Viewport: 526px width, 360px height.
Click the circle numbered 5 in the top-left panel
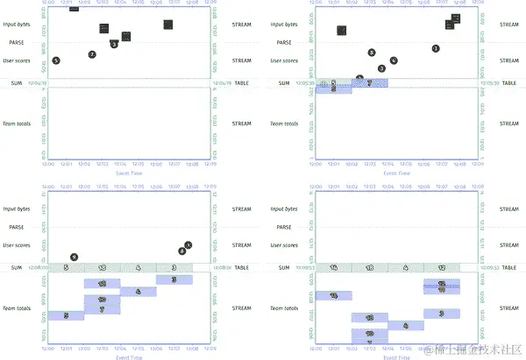click(56, 60)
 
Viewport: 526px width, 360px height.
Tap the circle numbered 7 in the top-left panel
click(92, 54)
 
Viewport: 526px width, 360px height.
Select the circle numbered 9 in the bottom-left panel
click(74, 257)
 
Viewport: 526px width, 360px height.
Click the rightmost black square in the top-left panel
click(167, 24)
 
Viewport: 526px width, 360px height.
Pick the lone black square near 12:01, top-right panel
click(341, 31)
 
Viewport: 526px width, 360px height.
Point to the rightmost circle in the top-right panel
click(436, 48)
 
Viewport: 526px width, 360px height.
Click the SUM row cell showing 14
click(334, 267)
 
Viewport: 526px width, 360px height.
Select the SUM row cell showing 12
click(442, 267)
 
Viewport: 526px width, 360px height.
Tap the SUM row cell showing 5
click(66, 267)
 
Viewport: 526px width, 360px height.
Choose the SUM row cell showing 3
click(174, 267)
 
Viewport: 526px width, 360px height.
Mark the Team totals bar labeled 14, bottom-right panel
click(334, 296)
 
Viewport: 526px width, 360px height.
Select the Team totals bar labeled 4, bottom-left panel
click(139, 292)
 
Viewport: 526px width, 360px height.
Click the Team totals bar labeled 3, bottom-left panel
click(174, 279)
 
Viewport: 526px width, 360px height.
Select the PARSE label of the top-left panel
click(16, 41)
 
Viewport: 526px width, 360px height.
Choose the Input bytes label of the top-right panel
click(285, 24)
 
